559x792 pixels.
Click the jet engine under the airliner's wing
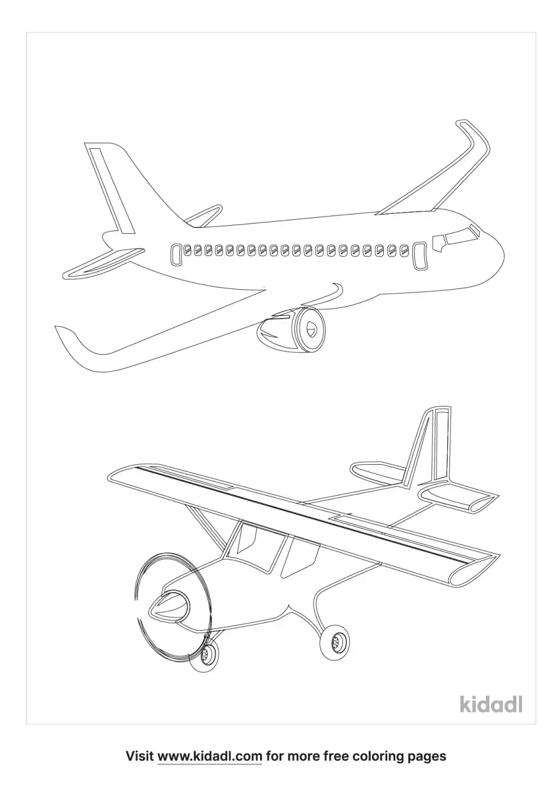coord(291,330)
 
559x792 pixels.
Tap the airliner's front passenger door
coord(420,257)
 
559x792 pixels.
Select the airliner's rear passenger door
coord(176,255)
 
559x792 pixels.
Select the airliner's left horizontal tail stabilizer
coord(103,262)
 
